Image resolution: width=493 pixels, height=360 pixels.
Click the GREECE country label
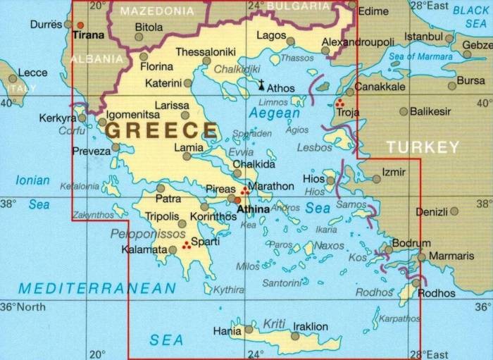pyautogui.click(x=162, y=130)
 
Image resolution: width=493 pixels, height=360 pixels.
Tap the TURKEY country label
pyautogui.click(x=423, y=147)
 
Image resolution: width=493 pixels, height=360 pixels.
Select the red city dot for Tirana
pyautogui.click(x=80, y=25)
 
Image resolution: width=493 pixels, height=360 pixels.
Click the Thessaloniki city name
pyautogui.click(x=206, y=51)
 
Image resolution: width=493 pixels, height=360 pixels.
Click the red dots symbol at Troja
pyautogui.click(x=340, y=103)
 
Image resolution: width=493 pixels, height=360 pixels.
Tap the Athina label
pyautogui.click(x=253, y=209)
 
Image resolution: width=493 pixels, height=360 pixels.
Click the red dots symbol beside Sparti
pyautogui.click(x=187, y=245)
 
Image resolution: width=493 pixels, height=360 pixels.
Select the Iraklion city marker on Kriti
pyautogui.click(x=295, y=336)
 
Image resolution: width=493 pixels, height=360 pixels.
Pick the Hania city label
pyautogui.click(x=227, y=329)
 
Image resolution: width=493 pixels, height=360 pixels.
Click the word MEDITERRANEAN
pyautogui.click(x=97, y=288)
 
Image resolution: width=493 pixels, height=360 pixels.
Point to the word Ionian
pyautogui.click(x=32, y=180)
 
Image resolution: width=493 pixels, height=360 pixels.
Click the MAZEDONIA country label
pyautogui.click(x=156, y=11)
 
